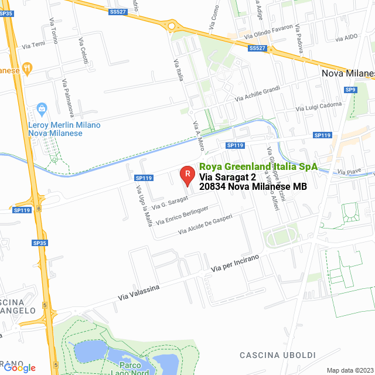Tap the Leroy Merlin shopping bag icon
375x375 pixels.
coord(42,108)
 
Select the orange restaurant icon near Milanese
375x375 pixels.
coord(26,69)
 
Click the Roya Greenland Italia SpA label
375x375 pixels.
coord(258,166)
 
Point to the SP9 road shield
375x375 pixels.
coord(350,90)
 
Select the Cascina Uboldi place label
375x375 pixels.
coord(278,355)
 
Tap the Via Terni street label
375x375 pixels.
coord(33,45)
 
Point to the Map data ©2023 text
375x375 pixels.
coord(350,370)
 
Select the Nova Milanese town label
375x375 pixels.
coord(348,73)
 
